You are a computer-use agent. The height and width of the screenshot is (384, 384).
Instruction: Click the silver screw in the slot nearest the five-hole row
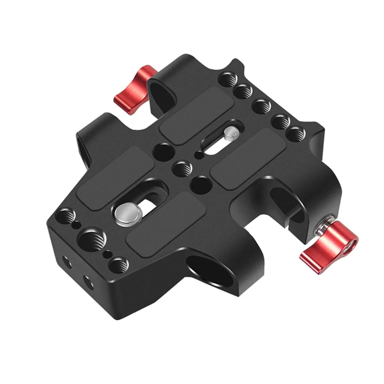click(231, 134)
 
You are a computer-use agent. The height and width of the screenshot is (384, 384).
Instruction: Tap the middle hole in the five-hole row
click(262, 105)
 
